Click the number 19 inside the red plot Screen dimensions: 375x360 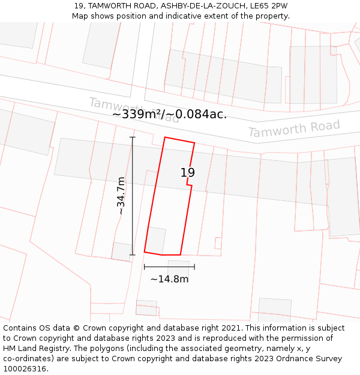[188, 173]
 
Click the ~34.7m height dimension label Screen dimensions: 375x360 [121, 196]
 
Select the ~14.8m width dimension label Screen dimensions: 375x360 [169, 279]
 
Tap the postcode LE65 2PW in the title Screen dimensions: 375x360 [271, 6]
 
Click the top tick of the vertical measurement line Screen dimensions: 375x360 [133, 137]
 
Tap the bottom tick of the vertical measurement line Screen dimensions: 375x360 [133, 254]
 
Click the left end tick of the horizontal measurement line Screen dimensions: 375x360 [145, 266]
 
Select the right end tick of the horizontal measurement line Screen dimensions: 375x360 [194, 266]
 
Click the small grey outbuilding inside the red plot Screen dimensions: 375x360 [156, 240]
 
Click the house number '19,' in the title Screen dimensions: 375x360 [79, 6]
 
